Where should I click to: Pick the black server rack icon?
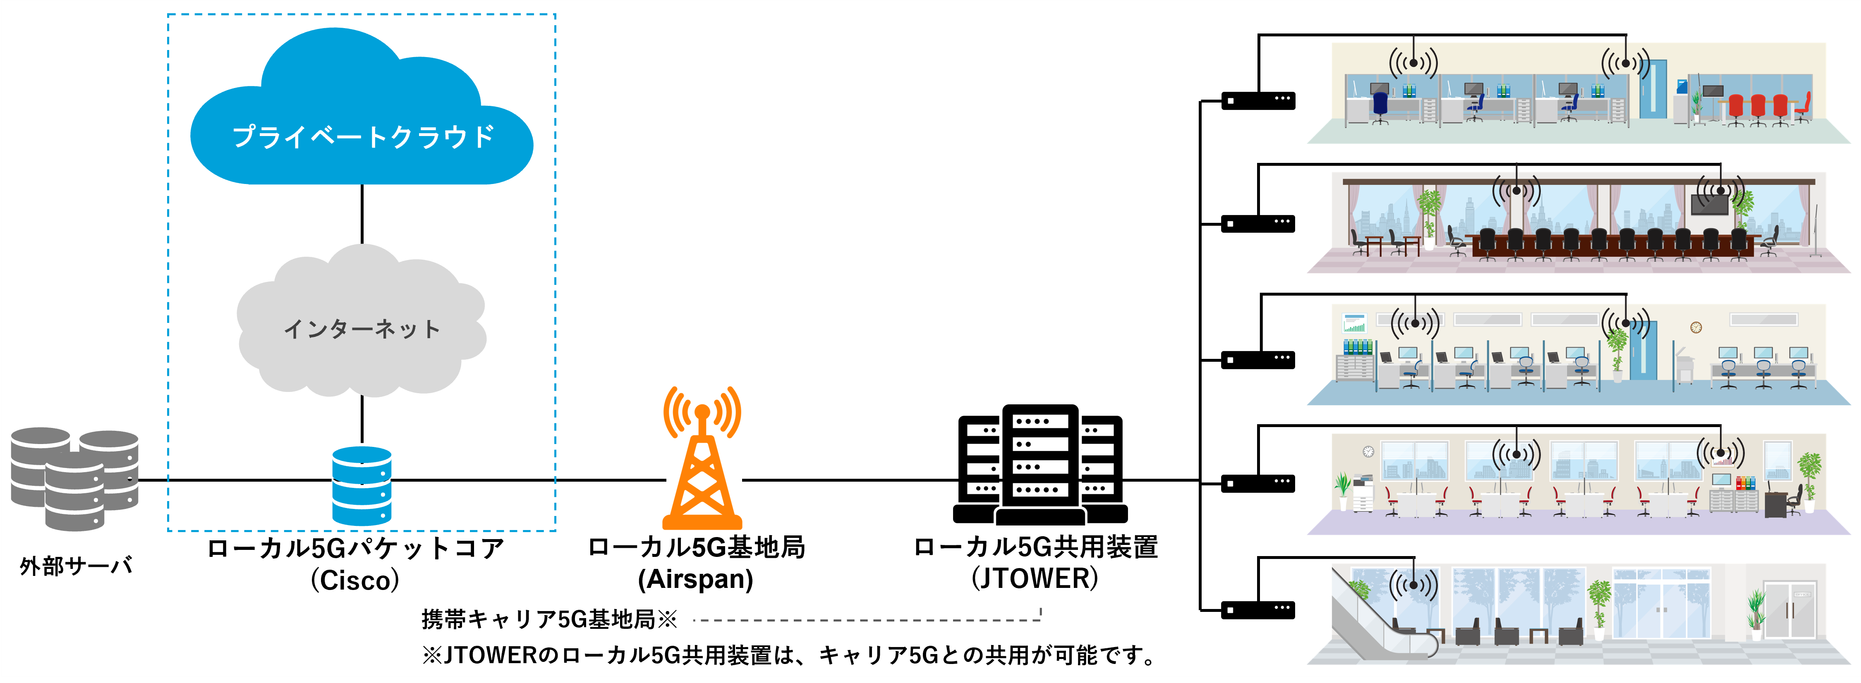click(1040, 466)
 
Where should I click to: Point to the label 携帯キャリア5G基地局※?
click(549, 619)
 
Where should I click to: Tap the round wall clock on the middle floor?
click(1696, 327)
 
